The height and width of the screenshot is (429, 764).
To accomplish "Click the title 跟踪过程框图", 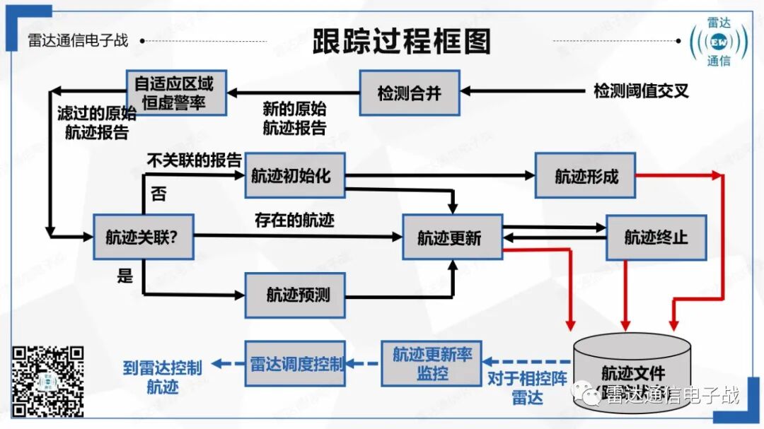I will (401, 42).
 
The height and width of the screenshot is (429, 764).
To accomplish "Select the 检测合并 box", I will (410, 93).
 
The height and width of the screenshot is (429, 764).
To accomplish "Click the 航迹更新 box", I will (452, 237).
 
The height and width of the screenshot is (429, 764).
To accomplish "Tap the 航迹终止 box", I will (656, 237).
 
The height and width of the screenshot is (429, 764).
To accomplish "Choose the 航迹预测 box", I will (295, 295).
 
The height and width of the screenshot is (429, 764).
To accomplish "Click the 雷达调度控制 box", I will (295, 363).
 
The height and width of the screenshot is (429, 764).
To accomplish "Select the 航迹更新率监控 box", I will (432, 363).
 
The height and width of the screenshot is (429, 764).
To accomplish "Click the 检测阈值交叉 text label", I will (641, 91).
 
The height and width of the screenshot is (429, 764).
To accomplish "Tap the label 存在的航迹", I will (294, 220).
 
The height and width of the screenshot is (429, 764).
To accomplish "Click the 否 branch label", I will (158, 194).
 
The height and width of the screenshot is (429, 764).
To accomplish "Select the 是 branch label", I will (125, 276).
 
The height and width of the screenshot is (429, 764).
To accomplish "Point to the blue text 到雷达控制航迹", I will (163, 376).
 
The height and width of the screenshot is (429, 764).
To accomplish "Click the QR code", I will (49, 381).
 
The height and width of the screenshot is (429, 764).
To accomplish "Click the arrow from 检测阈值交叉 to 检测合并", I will (523, 91).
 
